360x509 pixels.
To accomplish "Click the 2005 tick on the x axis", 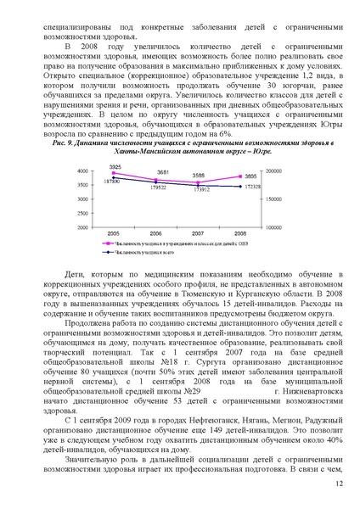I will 113,232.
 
